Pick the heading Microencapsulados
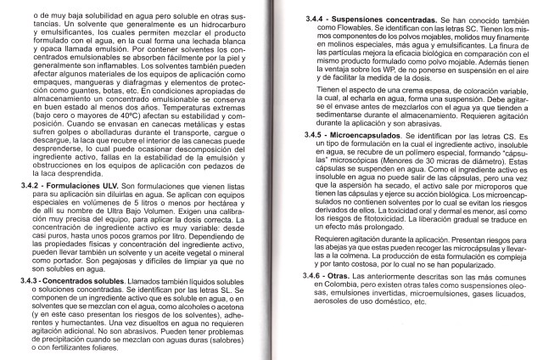(366, 135)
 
